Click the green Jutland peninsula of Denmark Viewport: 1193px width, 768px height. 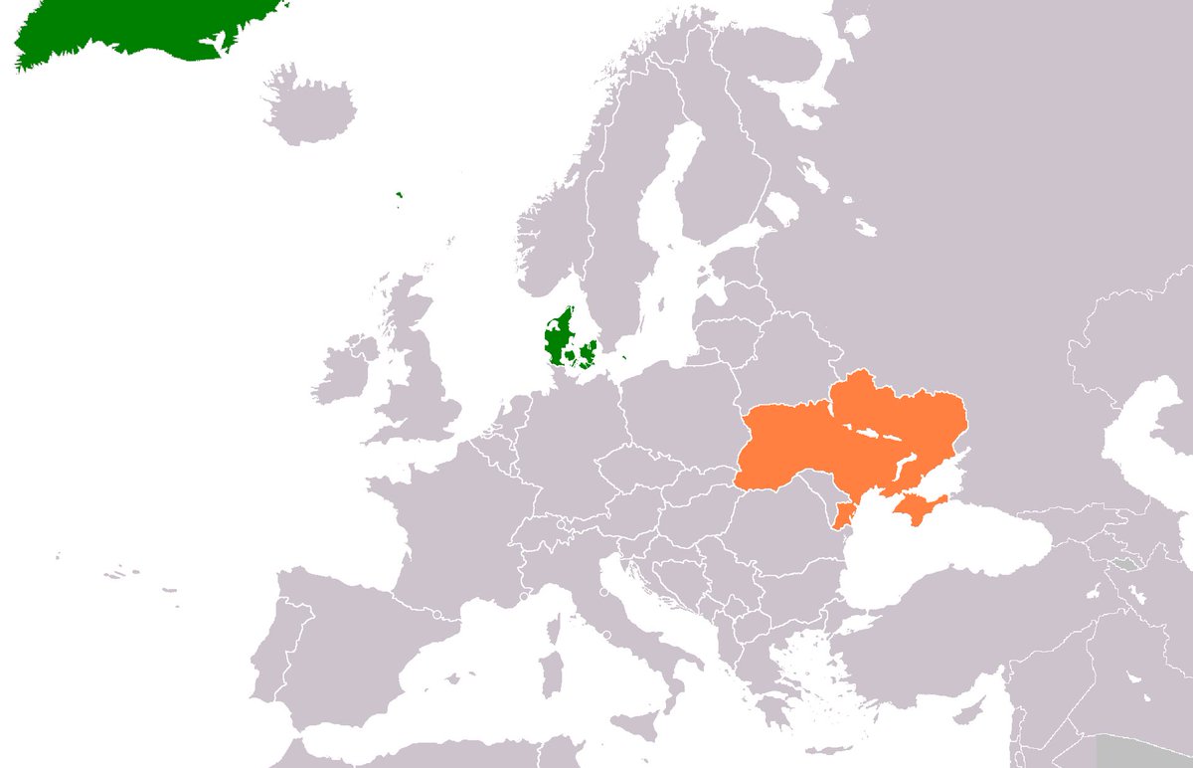coord(556,333)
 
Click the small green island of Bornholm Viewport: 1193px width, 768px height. coord(624,348)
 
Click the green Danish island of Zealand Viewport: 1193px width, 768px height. coord(587,351)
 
